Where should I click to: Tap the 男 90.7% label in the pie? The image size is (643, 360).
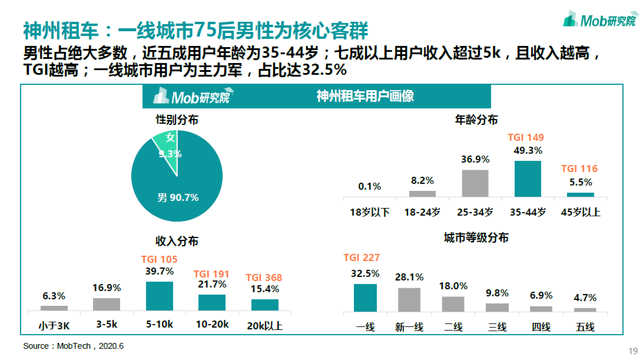coord(178,197)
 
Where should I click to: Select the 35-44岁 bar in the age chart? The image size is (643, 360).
coord(528,178)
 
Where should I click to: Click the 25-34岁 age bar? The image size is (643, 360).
coord(475,183)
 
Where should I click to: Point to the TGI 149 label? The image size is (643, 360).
coord(526,137)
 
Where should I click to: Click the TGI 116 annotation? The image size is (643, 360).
coord(579,169)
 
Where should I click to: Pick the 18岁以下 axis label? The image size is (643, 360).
coord(369,212)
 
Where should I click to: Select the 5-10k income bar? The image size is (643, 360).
coord(160,296)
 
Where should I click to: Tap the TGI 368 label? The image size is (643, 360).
coord(264,278)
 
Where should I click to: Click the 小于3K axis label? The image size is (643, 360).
coord(54,325)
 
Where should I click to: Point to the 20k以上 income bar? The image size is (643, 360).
coord(264,305)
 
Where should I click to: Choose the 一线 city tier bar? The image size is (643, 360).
coord(365,298)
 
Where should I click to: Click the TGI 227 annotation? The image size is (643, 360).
coord(362,257)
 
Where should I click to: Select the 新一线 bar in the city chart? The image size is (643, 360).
coord(409,299)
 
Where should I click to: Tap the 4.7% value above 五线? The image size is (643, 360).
coord(585,298)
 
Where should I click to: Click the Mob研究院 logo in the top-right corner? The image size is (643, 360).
coord(599,20)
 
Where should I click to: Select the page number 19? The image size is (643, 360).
coord(634,348)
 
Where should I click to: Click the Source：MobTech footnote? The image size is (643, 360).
coord(74,346)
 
